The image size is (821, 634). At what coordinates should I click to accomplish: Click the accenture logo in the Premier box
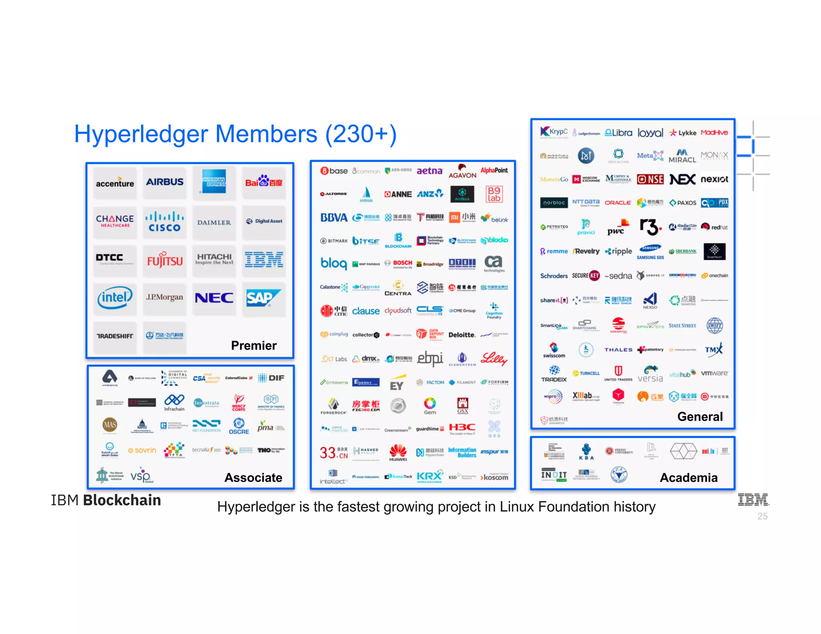coord(115,183)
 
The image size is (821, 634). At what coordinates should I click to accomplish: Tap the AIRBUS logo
coord(164,182)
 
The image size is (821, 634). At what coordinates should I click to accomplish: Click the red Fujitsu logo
coord(164,260)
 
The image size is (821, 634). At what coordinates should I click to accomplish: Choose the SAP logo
coord(263,298)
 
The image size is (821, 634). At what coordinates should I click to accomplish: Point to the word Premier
coord(254,345)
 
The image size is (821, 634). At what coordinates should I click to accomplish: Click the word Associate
coord(253,477)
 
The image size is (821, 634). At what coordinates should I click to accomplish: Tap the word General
coord(700,416)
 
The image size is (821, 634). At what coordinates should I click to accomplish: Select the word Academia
coord(689,477)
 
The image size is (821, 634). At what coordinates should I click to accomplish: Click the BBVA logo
coord(334,218)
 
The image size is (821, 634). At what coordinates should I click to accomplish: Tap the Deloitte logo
coord(462,335)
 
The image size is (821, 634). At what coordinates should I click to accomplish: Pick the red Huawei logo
coord(398,452)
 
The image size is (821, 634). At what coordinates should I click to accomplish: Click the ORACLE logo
coord(618,203)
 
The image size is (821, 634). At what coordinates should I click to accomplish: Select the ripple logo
coord(619,251)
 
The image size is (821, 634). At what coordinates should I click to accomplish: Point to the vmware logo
coord(714,373)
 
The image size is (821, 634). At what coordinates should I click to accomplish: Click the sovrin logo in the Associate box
coord(142,450)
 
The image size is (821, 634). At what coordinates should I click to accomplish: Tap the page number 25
coord(762,516)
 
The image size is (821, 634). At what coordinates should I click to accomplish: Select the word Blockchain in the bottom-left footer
coord(122,500)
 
